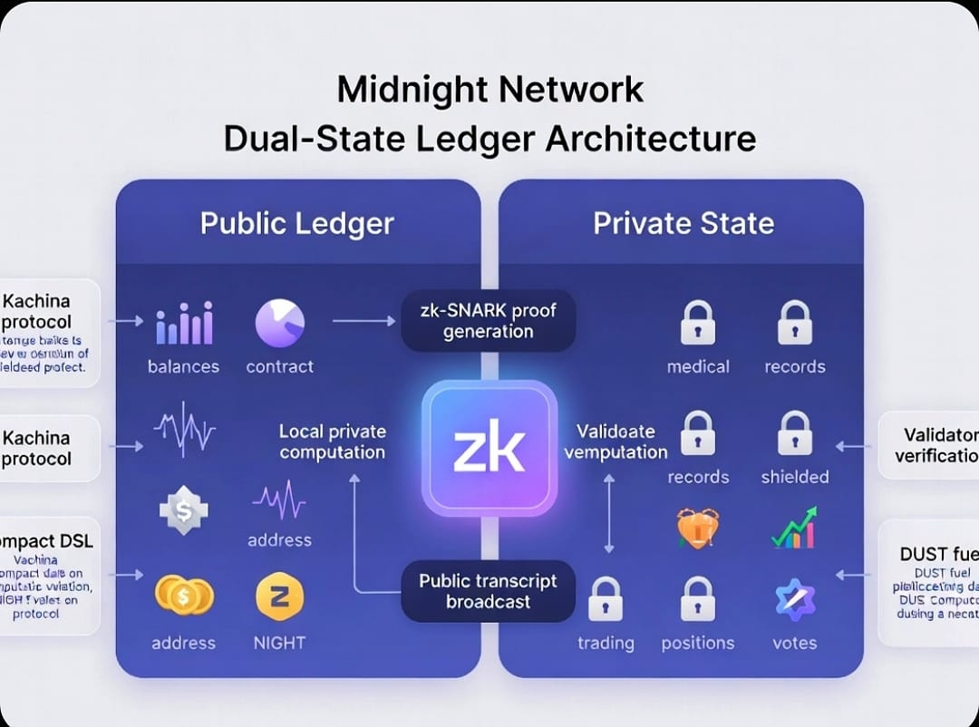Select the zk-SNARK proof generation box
point(488,321)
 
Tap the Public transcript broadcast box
point(488,591)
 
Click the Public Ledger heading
point(297,224)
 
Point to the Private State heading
point(683,224)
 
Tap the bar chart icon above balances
point(184,325)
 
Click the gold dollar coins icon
point(184,596)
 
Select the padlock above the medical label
point(698,324)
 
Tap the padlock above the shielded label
point(795,433)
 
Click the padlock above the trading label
point(606,598)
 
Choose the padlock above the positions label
point(697,598)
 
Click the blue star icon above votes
point(795,599)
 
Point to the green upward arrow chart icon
point(794,528)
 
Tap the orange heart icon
point(698,528)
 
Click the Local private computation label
point(333,442)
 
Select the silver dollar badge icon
point(184,509)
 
